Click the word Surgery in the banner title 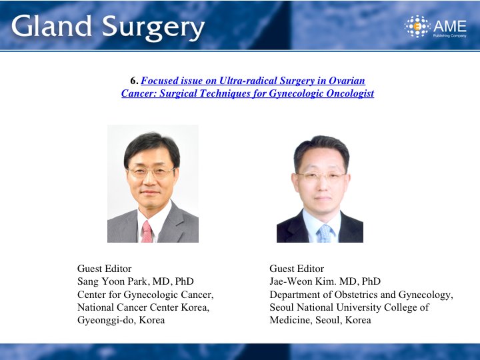(153, 28)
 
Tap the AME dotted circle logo (417, 26)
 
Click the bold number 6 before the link (133, 81)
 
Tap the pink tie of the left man (147, 232)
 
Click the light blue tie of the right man (325, 233)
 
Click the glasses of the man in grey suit (151, 173)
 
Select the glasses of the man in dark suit (321, 176)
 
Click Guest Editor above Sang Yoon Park (105, 269)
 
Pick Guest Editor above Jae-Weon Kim (297, 269)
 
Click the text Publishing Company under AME (449, 36)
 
